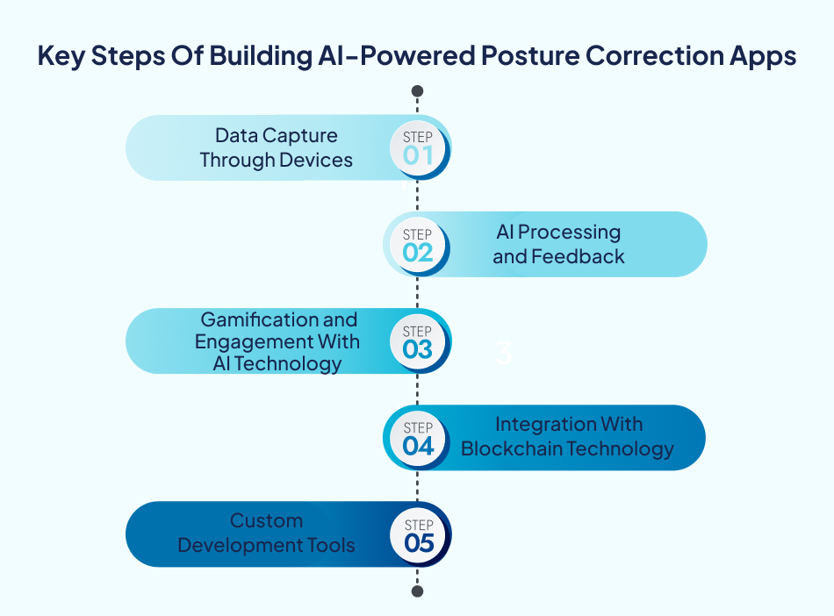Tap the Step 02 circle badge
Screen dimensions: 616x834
(x=418, y=245)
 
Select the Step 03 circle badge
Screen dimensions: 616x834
(x=418, y=341)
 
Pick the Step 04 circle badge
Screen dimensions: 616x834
(x=418, y=438)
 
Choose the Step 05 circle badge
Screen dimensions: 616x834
(x=418, y=534)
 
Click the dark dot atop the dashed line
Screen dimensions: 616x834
(x=418, y=91)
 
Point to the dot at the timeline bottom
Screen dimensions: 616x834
(x=418, y=591)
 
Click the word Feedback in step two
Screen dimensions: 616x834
(x=583, y=257)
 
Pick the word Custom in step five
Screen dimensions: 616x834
(x=266, y=521)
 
